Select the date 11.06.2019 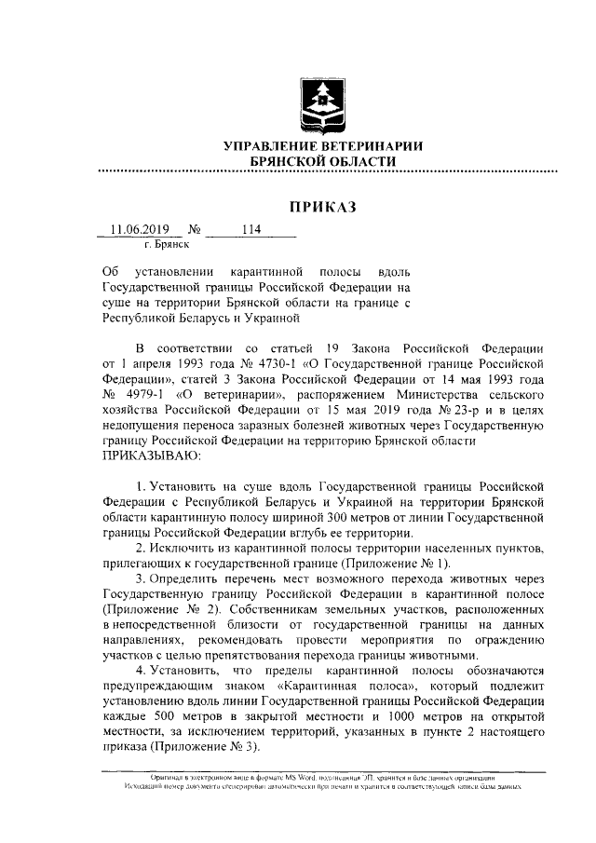137,229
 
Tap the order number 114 251,229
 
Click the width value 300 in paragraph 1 299,517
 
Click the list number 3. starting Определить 142,579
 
